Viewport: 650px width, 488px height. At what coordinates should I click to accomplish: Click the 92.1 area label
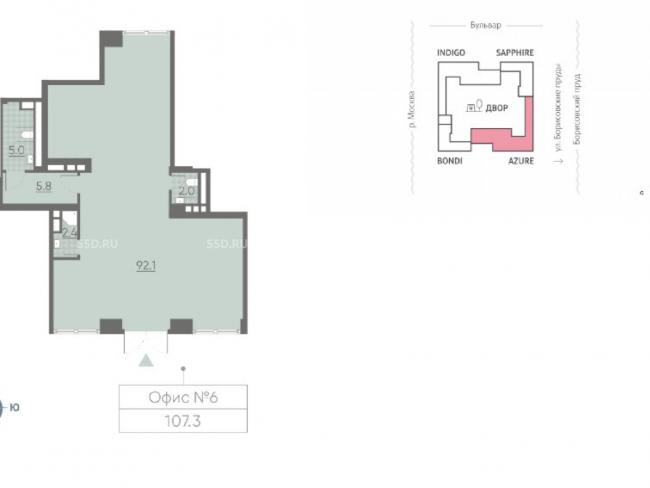coord(146,265)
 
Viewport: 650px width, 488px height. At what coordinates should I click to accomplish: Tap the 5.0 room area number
coord(17,150)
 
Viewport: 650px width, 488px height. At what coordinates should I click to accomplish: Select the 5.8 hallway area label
coord(44,186)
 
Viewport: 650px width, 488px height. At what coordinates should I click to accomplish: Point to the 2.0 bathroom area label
coord(187,191)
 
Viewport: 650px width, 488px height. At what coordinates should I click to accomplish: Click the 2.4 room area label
coord(70,232)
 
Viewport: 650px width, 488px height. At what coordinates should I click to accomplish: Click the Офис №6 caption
coord(183,398)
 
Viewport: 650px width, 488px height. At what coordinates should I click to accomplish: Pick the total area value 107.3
coord(183,421)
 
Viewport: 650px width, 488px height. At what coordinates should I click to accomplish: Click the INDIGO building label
coord(451,53)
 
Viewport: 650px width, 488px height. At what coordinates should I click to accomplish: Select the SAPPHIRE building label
coord(515,53)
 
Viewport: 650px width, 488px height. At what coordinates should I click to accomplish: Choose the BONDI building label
coord(450,161)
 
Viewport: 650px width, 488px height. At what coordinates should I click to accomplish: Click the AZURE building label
coord(521,161)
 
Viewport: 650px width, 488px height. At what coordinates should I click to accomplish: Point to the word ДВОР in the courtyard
coord(497,108)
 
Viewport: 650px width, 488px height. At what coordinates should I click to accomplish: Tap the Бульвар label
coord(486,25)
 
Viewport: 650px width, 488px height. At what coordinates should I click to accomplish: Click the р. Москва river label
coord(411,109)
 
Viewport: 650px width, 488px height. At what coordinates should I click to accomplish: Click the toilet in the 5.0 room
coord(27,134)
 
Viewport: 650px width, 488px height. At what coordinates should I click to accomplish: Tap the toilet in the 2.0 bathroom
coord(192,182)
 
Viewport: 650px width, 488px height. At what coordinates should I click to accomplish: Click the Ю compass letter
coord(14,407)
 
